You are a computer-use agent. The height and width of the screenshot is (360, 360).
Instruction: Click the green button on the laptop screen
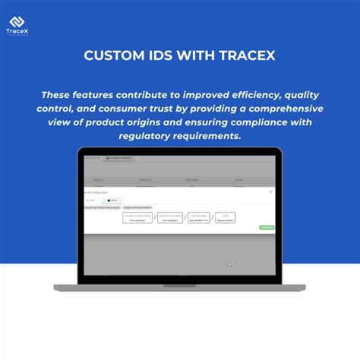pyautogui.click(x=267, y=227)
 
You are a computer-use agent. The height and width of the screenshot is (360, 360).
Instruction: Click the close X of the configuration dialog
pyautogui.click(x=271, y=193)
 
